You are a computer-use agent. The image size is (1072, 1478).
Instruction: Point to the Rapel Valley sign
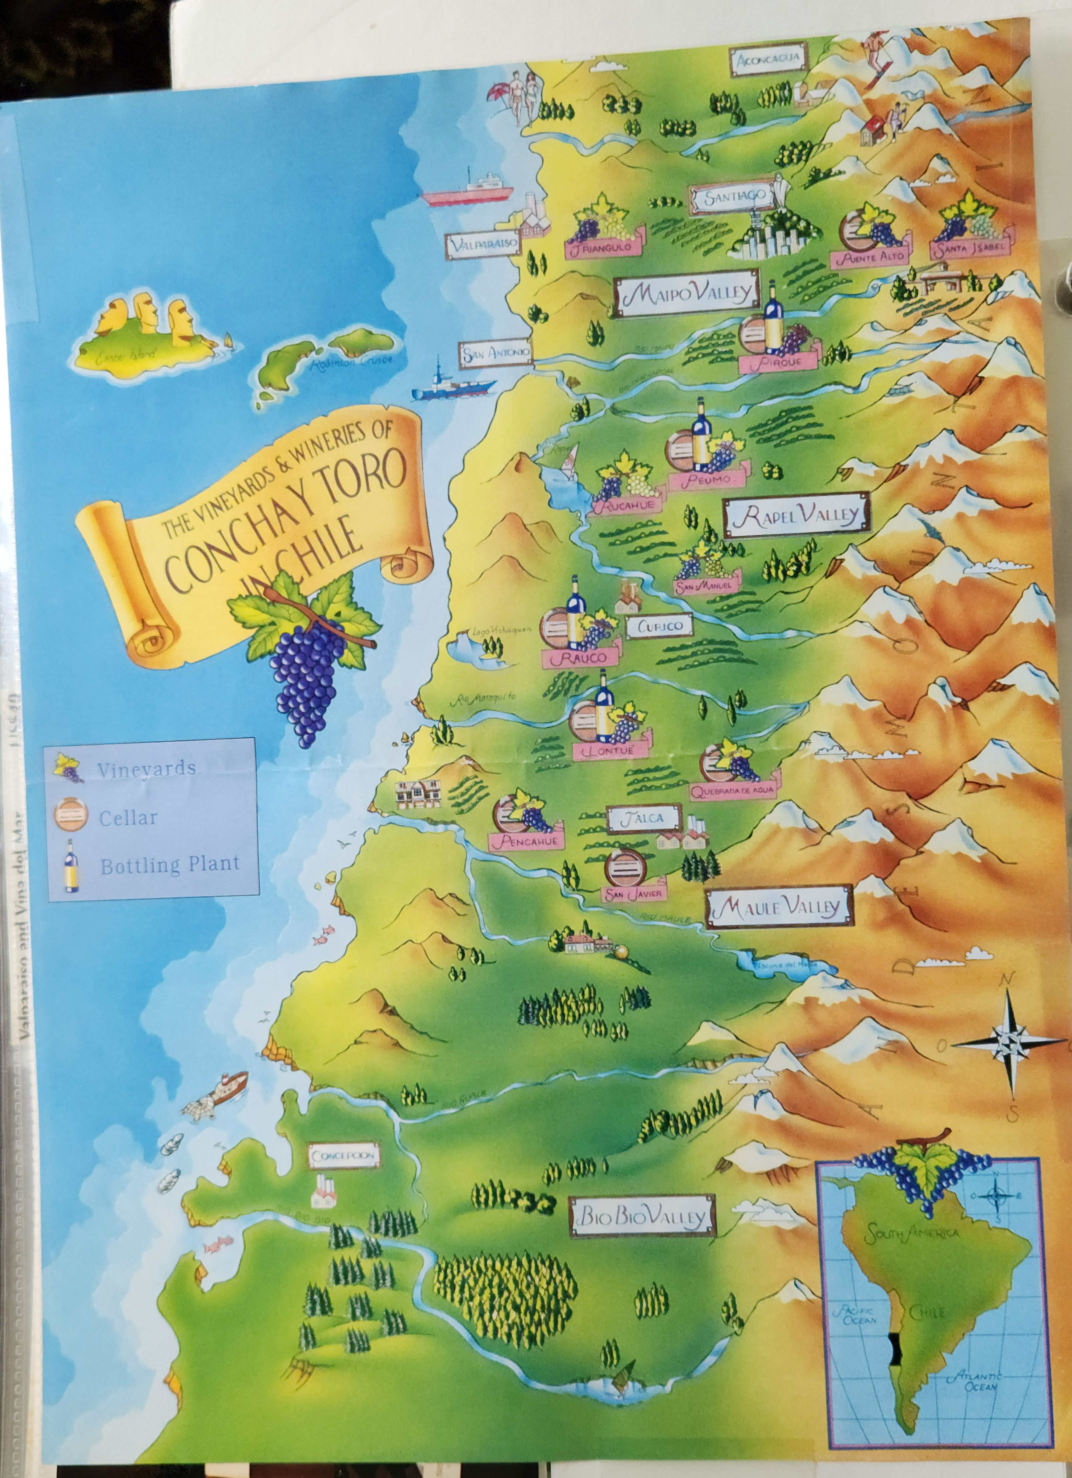pos(796,516)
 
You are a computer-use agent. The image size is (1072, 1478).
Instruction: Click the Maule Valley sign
pos(779,906)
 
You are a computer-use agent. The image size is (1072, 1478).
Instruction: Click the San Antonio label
pos(495,354)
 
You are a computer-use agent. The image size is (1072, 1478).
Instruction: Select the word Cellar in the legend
pos(128,818)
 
